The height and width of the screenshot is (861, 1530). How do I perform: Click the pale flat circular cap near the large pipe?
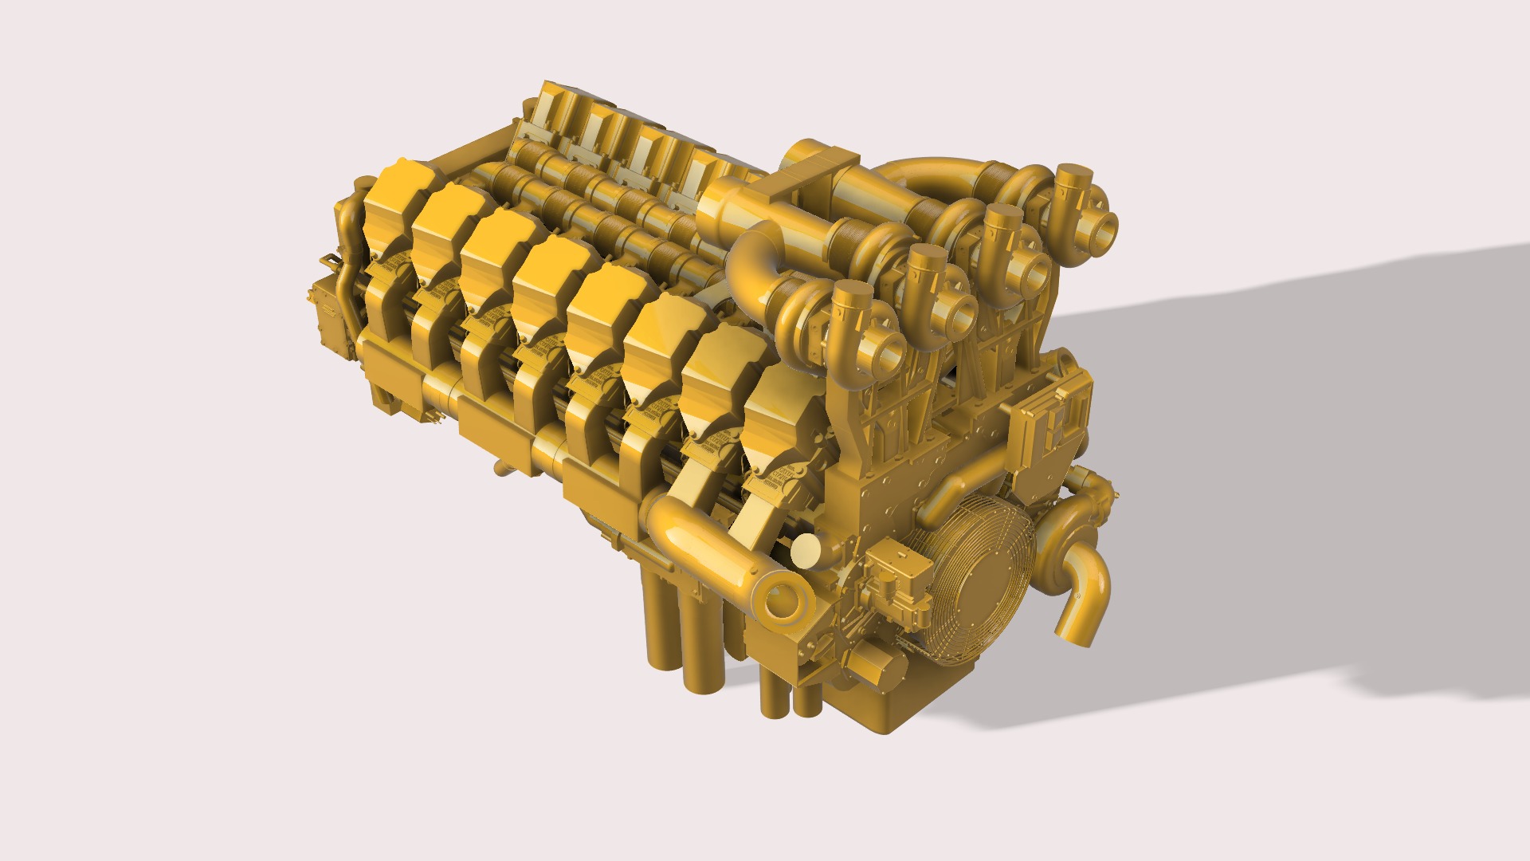point(806,550)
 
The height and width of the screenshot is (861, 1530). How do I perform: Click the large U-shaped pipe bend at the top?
point(924,175)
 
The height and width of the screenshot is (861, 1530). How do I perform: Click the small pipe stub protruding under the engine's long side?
point(500,469)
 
